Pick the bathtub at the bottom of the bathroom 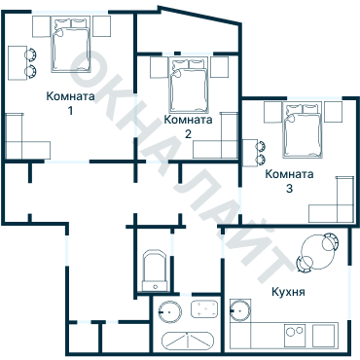[188, 341]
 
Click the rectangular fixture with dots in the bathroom [204, 310]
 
